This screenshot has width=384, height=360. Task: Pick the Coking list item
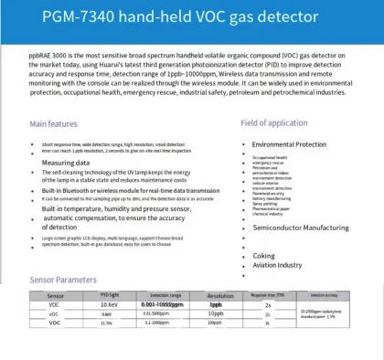pyautogui.click(x=264, y=255)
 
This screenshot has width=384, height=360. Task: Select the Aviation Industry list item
pyautogui.click(x=277, y=265)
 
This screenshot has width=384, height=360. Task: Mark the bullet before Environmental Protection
pyautogui.click(x=246, y=144)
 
